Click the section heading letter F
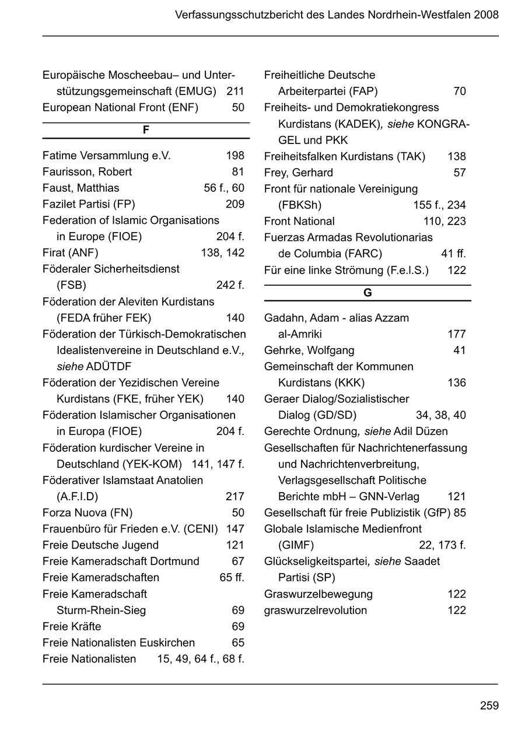146,130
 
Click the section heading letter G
367,293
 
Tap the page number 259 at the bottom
489,706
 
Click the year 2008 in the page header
487,15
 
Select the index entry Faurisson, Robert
87,172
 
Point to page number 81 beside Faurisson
237,172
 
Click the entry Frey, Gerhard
298,173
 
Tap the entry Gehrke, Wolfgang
309,350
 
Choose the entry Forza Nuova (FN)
87,513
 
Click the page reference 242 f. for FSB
230,285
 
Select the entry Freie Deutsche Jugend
100,545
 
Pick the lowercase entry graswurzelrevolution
316,610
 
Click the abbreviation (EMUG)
196,92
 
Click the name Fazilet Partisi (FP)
89,204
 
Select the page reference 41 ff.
453,254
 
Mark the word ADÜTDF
108,367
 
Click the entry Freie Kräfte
72,627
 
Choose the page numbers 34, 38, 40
440,415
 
